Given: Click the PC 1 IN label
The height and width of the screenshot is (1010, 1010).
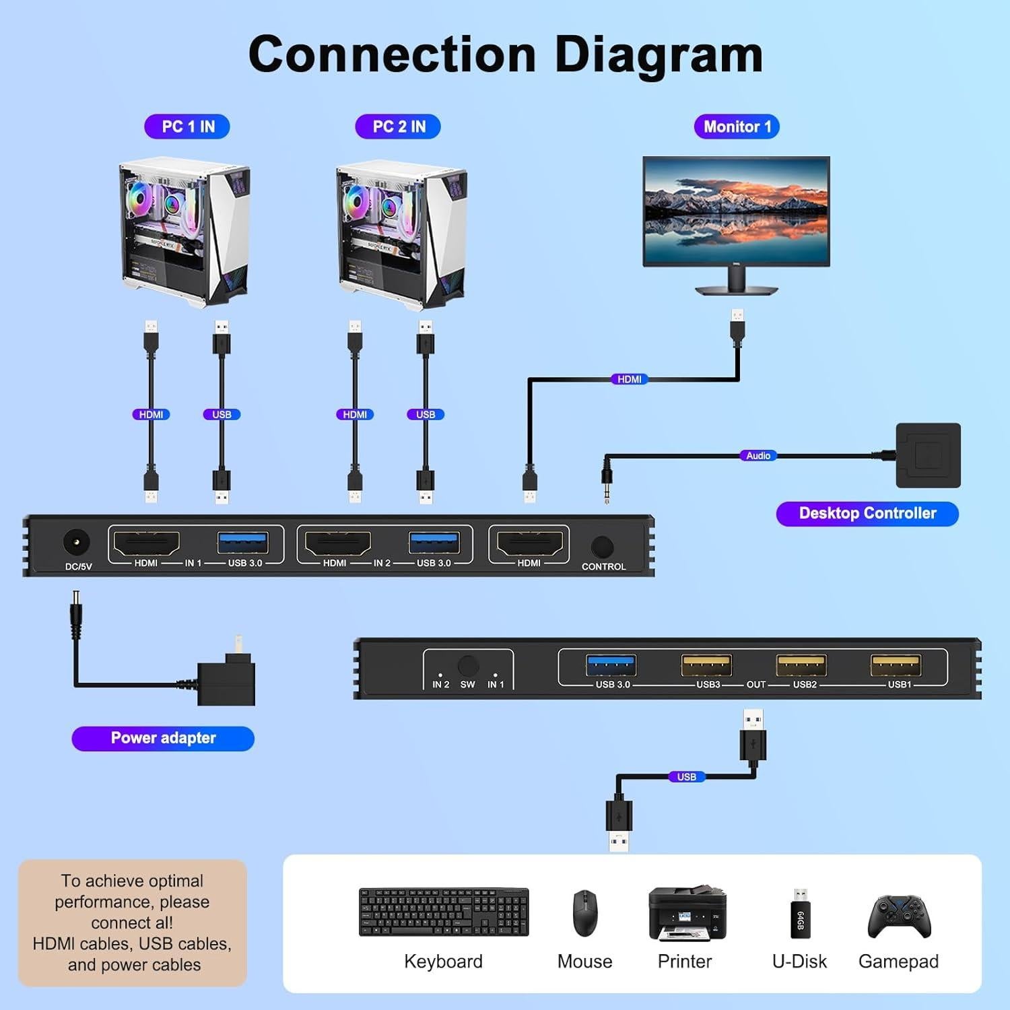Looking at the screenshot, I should (187, 127).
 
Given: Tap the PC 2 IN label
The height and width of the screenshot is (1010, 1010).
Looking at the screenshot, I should (398, 127).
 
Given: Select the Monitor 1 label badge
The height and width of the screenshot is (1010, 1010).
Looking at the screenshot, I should (737, 127).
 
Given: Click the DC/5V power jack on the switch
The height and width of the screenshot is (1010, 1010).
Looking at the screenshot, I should (76, 543).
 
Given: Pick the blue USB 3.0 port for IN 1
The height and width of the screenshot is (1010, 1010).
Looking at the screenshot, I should (243, 543).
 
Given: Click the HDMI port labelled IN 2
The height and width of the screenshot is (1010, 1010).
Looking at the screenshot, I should (337, 543).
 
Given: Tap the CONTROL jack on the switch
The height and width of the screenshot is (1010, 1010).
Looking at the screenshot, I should (602, 546).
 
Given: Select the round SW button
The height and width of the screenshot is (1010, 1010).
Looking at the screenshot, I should (468, 666).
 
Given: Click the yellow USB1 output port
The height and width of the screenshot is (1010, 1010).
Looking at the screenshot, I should (896, 665).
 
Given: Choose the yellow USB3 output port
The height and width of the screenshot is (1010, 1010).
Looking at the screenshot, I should (706, 665).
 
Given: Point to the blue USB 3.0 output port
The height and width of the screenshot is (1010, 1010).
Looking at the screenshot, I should (611, 665).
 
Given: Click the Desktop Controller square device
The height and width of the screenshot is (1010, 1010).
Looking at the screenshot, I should (928, 455).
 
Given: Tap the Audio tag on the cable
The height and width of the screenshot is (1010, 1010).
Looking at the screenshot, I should (758, 456).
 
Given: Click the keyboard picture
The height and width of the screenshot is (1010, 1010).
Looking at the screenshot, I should (444, 912).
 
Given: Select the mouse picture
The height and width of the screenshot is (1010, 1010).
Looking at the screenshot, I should (584, 913).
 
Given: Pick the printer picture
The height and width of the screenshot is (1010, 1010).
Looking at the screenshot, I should (687, 913).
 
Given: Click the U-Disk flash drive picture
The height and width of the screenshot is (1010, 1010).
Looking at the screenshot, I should (800, 914).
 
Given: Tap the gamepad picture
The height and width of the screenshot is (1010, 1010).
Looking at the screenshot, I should (899, 916).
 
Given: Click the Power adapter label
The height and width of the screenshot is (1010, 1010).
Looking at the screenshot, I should (163, 738).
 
